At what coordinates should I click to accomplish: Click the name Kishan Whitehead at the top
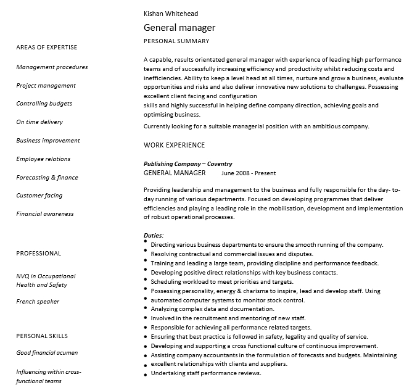pyautogui.click(x=171, y=14)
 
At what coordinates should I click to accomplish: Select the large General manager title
pyautogui.click(x=179, y=28)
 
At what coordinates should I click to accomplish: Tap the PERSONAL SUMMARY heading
pyautogui.click(x=176, y=41)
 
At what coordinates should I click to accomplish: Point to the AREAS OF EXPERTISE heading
pyautogui.click(x=47, y=48)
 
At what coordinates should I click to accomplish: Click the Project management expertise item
pyautogui.click(x=46, y=86)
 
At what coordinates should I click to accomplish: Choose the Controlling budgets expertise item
pyautogui.click(x=44, y=104)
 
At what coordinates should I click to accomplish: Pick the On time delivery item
pyautogui.click(x=39, y=122)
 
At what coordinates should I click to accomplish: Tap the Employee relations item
pyautogui.click(x=43, y=159)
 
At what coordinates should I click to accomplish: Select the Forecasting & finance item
pyautogui.click(x=47, y=178)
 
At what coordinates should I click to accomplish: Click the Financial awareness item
pyautogui.click(x=45, y=214)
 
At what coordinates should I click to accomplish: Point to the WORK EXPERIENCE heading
pyautogui.click(x=174, y=146)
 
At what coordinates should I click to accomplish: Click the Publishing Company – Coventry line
pyautogui.click(x=188, y=164)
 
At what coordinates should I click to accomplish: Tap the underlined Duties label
pyautogui.click(x=154, y=236)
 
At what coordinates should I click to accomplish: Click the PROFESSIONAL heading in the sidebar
pyautogui.click(x=39, y=254)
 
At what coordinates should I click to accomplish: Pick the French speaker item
pyautogui.click(x=38, y=302)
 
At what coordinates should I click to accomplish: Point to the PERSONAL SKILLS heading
pyautogui.click(x=42, y=336)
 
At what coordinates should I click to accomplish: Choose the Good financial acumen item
pyautogui.click(x=47, y=353)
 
